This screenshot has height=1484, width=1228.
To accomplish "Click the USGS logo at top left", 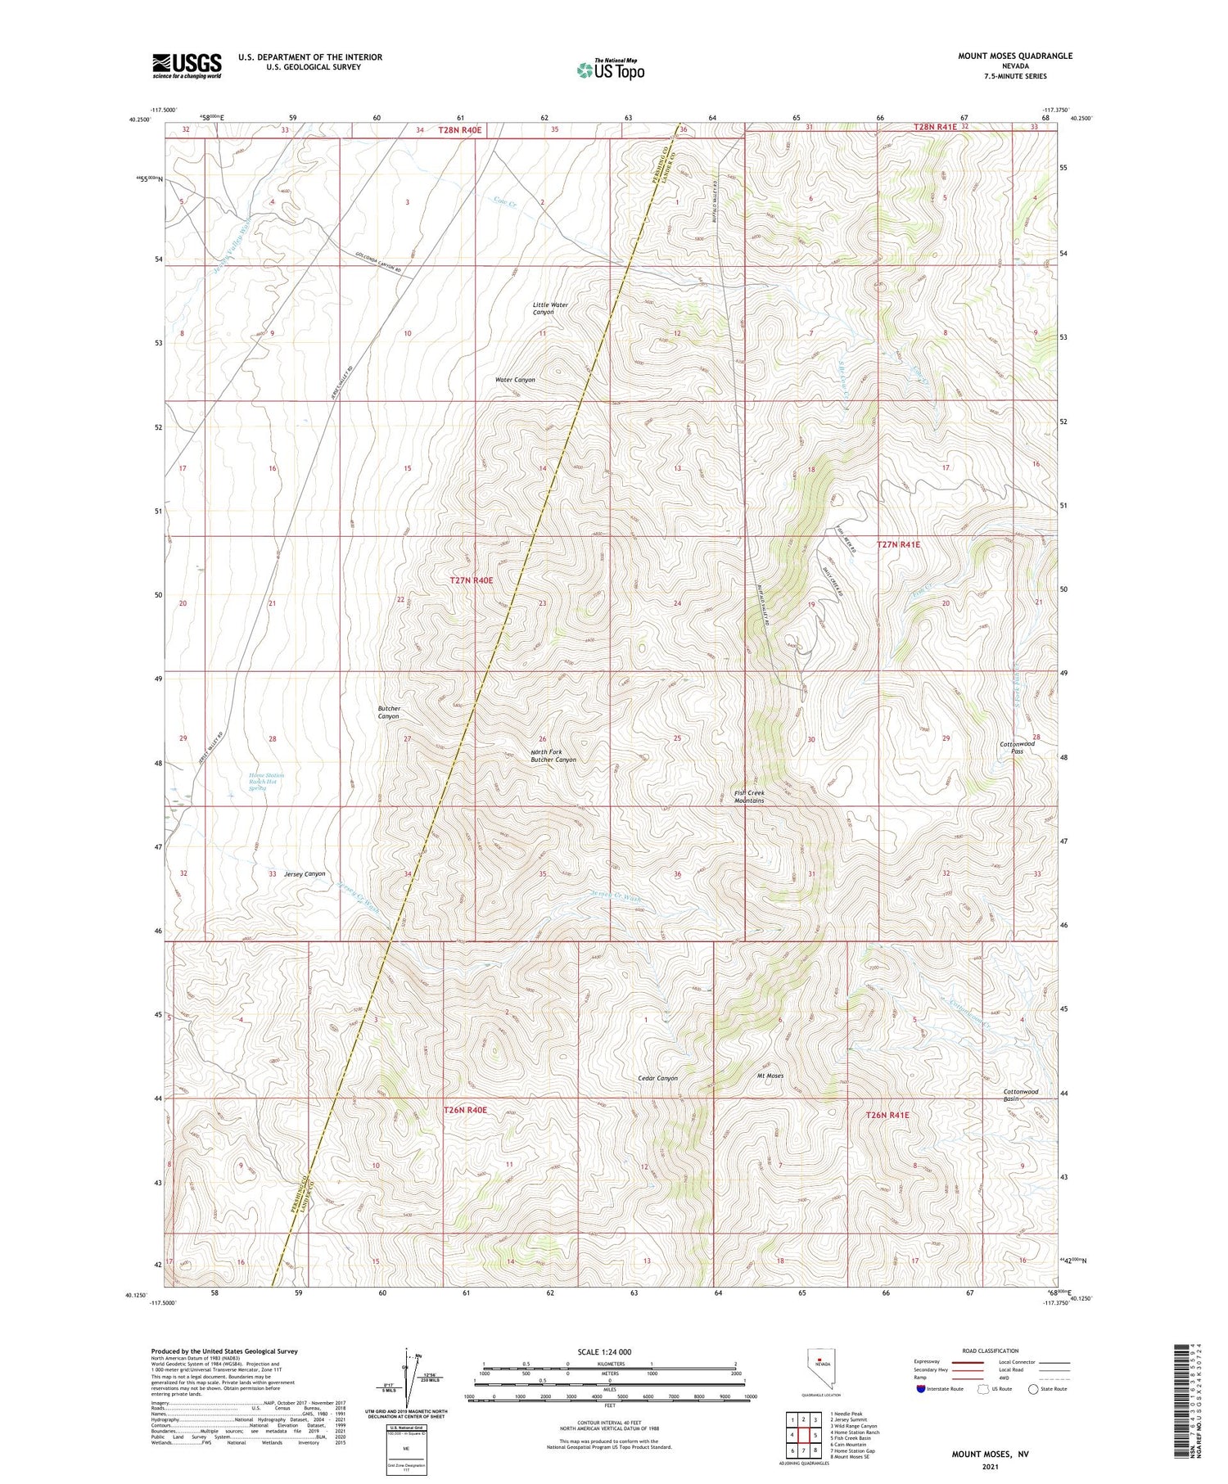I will click(x=187, y=65).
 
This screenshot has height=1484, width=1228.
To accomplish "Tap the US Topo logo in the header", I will click(x=610, y=70).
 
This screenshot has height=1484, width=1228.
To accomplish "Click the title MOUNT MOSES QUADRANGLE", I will click(x=1014, y=56).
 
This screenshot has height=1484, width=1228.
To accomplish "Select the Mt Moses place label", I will click(x=770, y=1076).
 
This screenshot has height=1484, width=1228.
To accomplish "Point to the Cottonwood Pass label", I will click(x=1017, y=747).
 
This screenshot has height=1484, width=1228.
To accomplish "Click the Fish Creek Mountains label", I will click(x=748, y=796).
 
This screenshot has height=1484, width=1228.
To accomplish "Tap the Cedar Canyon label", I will click(x=657, y=1078).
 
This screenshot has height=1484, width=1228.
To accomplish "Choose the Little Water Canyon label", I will click(x=550, y=309).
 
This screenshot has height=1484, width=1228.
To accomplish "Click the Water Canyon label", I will click(x=515, y=380).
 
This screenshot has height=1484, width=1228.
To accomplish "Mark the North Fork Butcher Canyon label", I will click(x=553, y=756).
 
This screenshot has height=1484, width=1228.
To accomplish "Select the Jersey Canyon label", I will click(x=305, y=873).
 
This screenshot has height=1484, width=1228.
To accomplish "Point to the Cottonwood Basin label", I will click(x=1020, y=1094).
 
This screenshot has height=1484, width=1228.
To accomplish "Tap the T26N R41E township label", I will click(x=887, y=1115).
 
